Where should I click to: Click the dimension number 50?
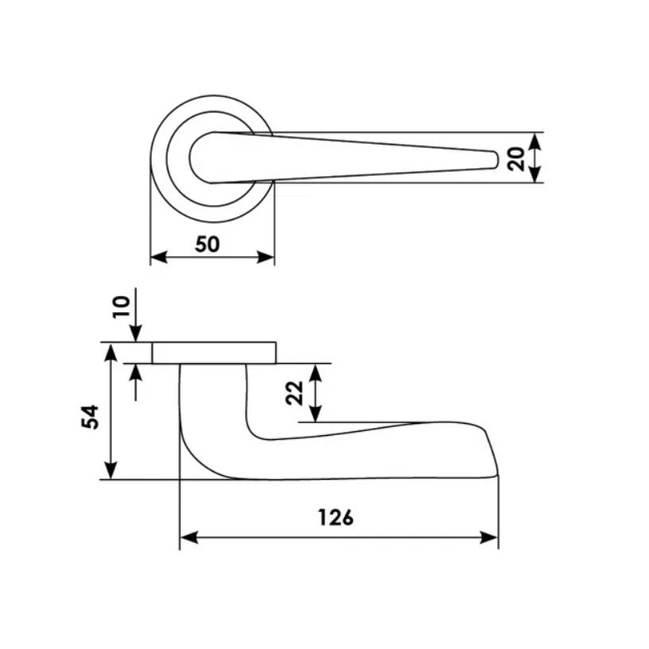click(207, 244)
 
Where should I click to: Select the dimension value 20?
click(516, 159)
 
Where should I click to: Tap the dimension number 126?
click(335, 517)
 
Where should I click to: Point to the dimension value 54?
click(90, 417)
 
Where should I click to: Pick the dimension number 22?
click(295, 393)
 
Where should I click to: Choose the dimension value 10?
click(121, 307)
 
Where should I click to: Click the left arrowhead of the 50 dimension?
click(159, 257)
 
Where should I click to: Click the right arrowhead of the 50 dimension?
click(266, 257)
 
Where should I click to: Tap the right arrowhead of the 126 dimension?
click(489, 538)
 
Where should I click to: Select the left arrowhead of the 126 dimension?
click(189, 538)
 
